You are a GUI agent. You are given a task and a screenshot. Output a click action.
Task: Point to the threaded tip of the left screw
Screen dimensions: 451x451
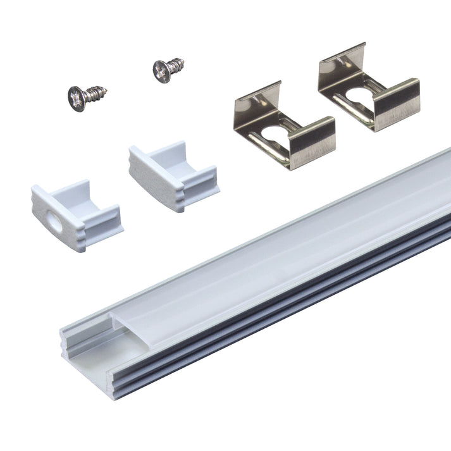102,90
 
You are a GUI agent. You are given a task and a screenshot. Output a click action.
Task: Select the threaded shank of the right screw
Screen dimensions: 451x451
176,64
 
